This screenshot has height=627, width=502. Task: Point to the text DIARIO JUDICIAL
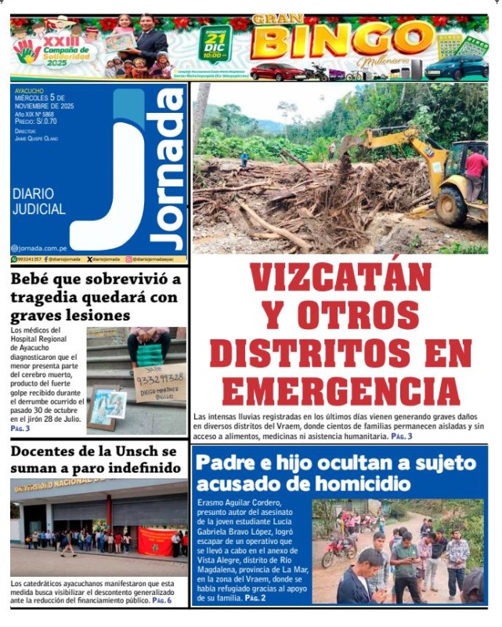pos(39,202)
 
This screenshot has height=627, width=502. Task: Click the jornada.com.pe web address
pos(44,247)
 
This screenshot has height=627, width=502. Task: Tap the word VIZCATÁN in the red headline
pos(341,278)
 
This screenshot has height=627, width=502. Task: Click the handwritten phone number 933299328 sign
pos(159,378)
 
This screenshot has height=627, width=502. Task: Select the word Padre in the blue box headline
pos(226,463)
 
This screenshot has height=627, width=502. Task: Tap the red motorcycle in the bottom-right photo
pos(338,552)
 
